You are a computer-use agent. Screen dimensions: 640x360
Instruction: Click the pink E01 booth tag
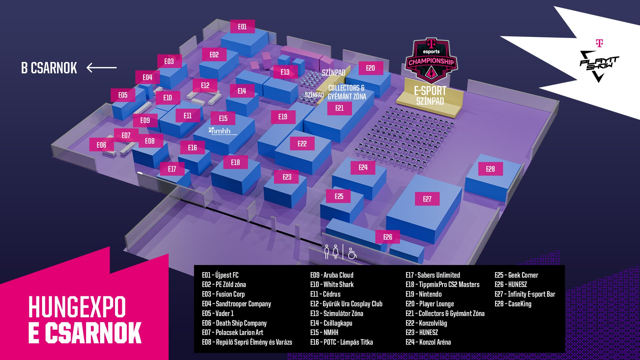pos(242,27)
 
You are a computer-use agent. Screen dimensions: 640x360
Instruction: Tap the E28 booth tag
pos(490,169)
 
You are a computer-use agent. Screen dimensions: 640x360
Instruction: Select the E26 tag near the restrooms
pos(388,237)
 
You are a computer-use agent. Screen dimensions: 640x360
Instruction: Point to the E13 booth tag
pos(285,72)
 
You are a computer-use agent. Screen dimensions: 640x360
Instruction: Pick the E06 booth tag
pos(101,145)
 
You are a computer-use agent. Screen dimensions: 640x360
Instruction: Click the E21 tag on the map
pos(339,108)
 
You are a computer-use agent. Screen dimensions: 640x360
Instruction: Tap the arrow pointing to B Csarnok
pos(102,68)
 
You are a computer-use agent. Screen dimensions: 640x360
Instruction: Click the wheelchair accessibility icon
pos(352,253)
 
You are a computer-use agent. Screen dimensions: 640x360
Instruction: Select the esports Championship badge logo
pos(431,60)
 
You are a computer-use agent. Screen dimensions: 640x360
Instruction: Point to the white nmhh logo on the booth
pos(223,131)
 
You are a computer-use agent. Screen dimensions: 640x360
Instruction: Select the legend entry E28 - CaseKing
pos(513,304)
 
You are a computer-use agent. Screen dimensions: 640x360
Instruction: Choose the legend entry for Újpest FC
pos(220,275)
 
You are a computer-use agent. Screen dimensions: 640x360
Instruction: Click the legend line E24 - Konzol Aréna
pos(428,342)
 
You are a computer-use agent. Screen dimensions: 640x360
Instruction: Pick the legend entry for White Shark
pos(332,284)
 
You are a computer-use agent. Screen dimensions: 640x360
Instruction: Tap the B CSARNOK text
pos(49,68)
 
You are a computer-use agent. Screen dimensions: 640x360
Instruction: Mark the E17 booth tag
pos(172,169)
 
